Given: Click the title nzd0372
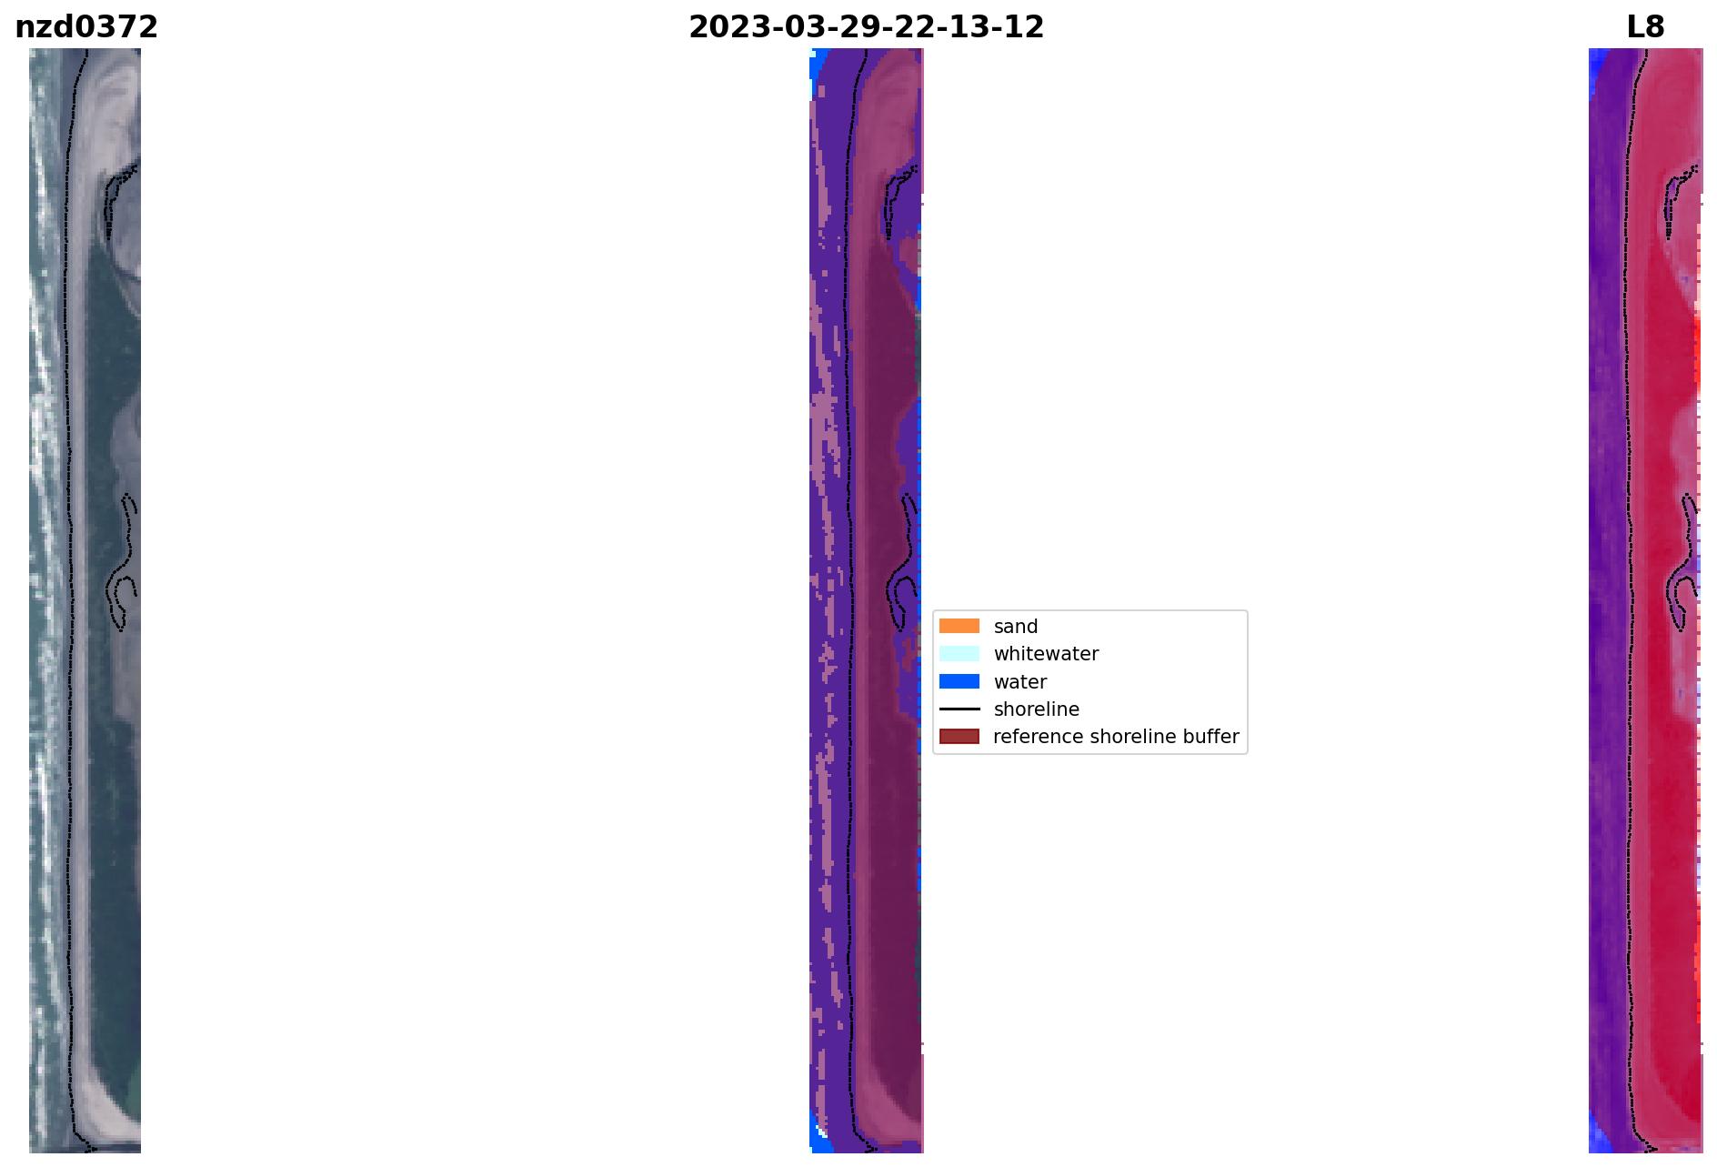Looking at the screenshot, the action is (86, 27).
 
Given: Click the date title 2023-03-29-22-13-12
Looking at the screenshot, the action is (866, 27).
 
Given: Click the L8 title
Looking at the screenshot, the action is (1645, 27).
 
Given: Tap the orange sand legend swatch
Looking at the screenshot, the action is (959, 626).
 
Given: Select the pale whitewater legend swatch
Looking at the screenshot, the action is (959, 653).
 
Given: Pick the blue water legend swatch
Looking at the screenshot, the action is (959, 681).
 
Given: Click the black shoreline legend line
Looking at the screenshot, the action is (959, 709).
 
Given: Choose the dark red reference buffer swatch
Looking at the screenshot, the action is (959, 736).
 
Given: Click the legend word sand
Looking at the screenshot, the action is (1016, 627).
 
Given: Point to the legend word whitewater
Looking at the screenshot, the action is (1046, 654).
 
